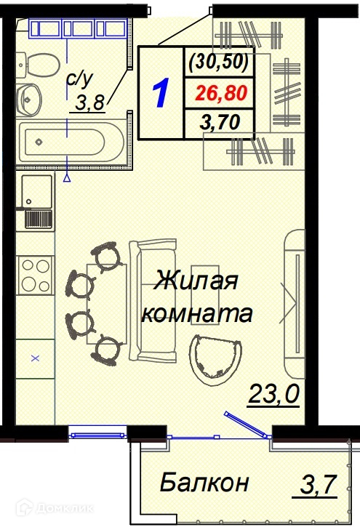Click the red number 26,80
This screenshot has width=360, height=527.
coord(222,93)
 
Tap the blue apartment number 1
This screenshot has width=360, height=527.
coord(160,93)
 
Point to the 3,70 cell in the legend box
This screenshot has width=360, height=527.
coord(220,122)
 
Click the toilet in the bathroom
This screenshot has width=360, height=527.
coord(38,65)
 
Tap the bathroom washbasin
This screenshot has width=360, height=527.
coord(29,100)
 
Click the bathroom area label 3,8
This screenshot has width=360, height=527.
coord(88,102)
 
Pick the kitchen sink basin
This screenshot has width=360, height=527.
coord(36,191)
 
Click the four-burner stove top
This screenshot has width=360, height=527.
coord(36,275)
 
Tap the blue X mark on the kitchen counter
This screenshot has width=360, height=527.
coord(36,358)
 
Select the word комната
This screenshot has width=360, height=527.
coord(196,313)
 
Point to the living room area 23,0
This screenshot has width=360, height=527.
coord(273,394)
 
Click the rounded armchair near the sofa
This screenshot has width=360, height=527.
coord(215,360)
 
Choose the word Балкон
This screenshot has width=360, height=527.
coord(204,483)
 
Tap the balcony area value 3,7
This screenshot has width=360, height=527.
coord(318,484)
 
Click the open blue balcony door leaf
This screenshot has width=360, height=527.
coord(246,425)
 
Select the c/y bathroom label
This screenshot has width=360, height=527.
coord(79,79)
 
